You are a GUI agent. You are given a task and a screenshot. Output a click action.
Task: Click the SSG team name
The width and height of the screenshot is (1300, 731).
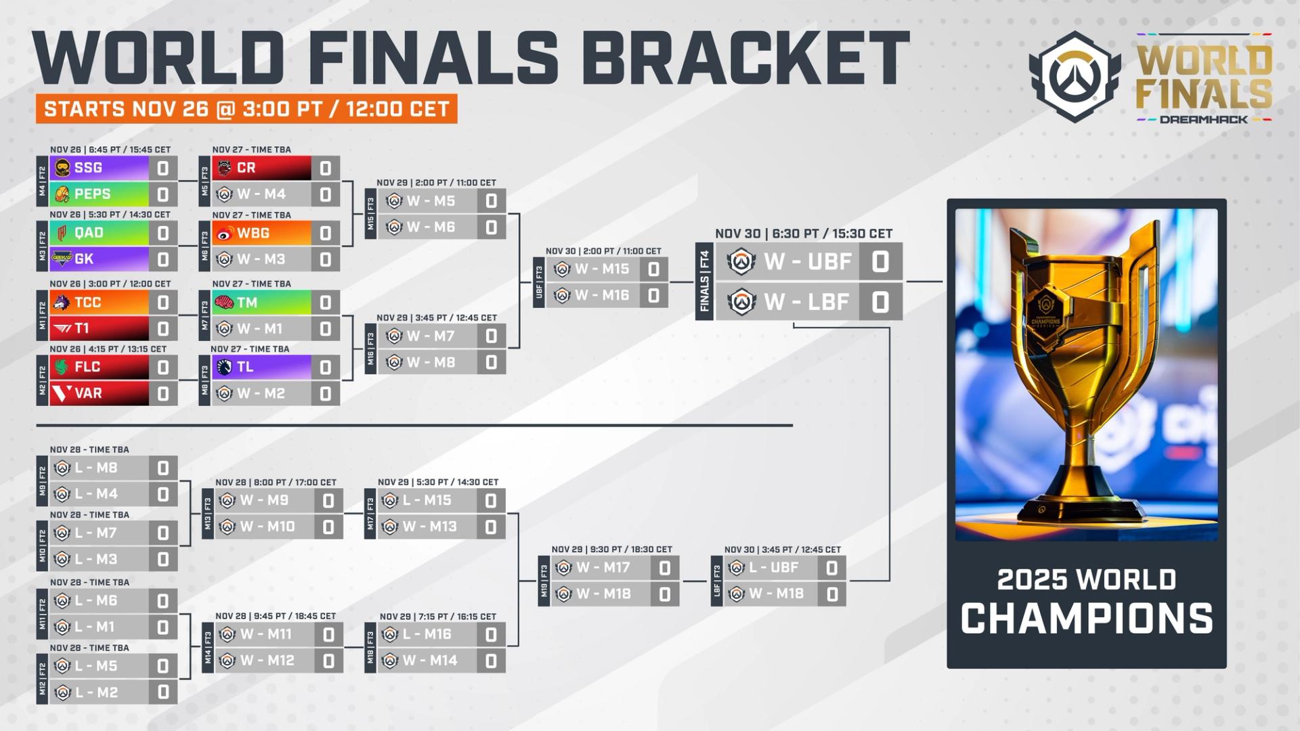click(89, 168)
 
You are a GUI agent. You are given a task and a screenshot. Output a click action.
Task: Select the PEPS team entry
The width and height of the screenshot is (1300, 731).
click(93, 194)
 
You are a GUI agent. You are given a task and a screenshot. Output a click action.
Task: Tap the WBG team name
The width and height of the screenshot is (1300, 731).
click(253, 233)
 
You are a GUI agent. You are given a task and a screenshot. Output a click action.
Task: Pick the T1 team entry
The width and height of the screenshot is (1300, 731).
click(82, 328)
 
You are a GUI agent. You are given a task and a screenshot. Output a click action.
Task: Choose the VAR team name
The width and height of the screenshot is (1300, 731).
click(89, 393)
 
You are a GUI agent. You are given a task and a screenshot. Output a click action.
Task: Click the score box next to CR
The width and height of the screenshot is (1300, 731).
click(326, 169)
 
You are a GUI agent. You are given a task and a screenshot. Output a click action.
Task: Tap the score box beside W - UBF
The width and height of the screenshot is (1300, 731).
click(880, 261)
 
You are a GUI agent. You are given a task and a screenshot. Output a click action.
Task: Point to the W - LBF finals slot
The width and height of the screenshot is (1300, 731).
click(806, 302)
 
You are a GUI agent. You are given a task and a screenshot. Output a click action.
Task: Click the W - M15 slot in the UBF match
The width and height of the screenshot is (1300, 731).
click(603, 269)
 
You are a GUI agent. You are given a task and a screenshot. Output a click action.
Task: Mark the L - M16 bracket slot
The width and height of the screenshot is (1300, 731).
click(427, 634)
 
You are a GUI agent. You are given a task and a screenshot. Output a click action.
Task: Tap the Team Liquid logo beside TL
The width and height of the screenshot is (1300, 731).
click(224, 368)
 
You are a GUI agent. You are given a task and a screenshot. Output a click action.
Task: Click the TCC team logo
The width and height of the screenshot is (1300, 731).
click(62, 303)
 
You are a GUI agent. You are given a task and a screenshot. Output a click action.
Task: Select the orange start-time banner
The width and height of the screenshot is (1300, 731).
click(246, 109)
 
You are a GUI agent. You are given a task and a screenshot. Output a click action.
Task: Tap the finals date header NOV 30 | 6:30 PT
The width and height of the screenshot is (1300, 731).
click(804, 234)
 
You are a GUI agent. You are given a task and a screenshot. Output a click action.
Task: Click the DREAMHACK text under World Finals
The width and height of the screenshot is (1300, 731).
click(1203, 119)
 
